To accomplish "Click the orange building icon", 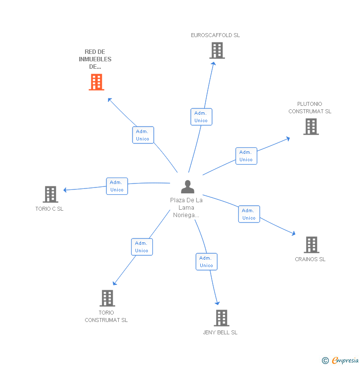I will click(x=96, y=82).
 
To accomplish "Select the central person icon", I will click(x=187, y=186).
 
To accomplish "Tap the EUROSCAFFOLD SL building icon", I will click(x=217, y=50).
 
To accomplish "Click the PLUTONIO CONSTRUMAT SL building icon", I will click(x=311, y=127).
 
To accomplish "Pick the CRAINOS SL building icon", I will click(x=311, y=244).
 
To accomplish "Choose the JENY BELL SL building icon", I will click(x=222, y=318).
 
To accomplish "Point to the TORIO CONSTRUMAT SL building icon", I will click(x=107, y=298).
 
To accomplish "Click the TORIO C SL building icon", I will click(x=50, y=194).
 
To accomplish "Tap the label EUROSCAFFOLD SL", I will click(x=216, y=35).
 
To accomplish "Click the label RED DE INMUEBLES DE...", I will click(x=95, y=59).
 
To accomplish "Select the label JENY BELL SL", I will click(x=220, y=332).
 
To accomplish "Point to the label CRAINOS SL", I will click(x=310, y=259).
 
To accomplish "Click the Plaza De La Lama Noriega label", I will click(x=186, y=208).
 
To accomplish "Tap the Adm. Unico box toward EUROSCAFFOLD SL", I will click(x=201, y=117).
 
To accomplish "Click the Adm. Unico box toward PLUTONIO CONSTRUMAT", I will click(x=246, y=156).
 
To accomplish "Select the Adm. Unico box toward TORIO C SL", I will click(x=117, y=186).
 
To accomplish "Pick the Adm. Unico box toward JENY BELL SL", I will click(x=206, y=262).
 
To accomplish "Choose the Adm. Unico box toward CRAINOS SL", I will click(x=249, y=214).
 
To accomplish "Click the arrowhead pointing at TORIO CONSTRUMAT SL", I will click(x=114, y=283).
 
